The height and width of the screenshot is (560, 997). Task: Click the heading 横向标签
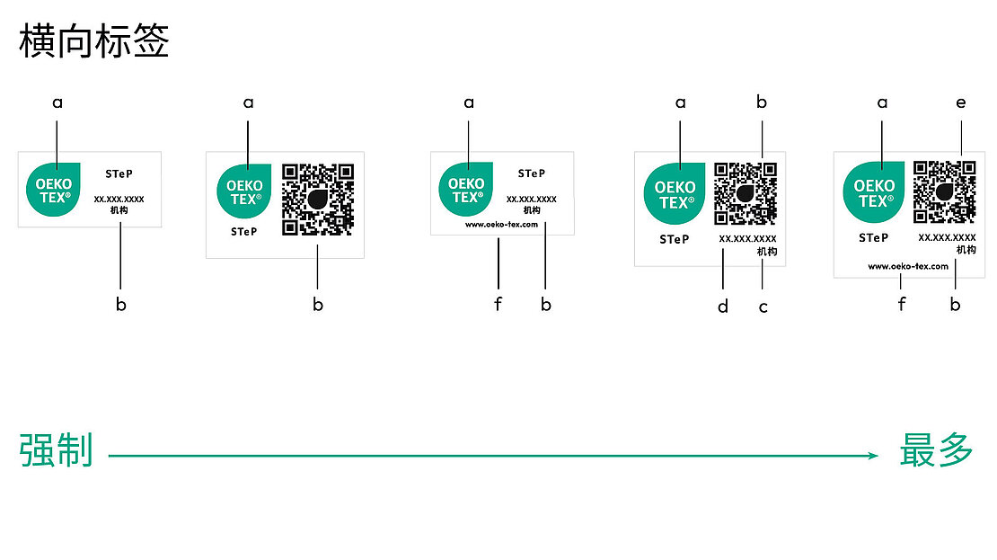94,42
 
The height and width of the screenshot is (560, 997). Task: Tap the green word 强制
56,450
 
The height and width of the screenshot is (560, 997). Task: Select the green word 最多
936,450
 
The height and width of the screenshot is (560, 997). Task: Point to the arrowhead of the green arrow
873,456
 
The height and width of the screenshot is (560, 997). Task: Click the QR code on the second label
317,200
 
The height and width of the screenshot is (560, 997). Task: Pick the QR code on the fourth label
746,193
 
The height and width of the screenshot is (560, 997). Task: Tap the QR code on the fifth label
945,191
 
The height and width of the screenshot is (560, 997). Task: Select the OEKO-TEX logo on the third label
465,189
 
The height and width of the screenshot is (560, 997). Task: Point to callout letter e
961,103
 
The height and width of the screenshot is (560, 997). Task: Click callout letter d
723,307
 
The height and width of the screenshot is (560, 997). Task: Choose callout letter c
763,307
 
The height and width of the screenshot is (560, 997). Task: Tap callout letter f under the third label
498,305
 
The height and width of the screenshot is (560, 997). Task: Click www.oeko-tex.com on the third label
501,225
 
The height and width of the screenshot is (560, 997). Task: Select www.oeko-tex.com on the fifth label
908,266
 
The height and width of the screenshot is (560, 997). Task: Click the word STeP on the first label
119,173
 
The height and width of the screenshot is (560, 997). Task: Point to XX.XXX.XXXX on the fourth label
747,239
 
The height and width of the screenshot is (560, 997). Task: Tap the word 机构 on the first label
119,209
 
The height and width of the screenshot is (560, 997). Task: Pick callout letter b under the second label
318,305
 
